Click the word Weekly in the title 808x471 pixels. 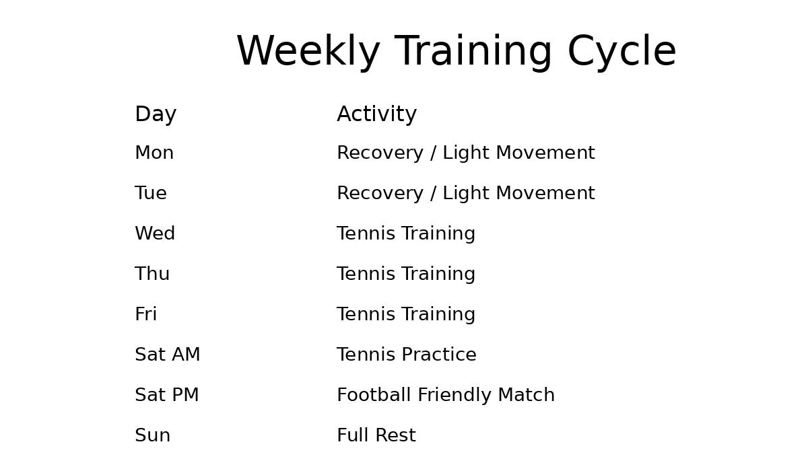click(308, 51)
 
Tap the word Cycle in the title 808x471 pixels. click(622, 51)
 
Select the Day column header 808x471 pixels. click(156, 114)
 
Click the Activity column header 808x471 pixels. click(377, 114)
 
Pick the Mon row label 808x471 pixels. click(154, 153)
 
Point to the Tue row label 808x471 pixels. click(151, 193)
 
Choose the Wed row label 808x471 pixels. click(155, 233)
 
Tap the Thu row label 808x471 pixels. click(152, 274)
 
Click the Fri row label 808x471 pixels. click(145, 314)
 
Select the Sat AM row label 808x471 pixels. click(168, 354)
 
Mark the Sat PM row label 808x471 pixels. click(167, 394)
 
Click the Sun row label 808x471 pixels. click(153, 435)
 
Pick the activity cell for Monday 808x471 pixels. click(466, 153)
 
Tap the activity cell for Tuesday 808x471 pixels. click(466, 193)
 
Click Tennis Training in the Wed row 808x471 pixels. click(406, 233)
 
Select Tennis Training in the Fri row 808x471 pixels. click(406, 314)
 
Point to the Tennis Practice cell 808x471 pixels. click(407, 354)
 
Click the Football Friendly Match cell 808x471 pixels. click(446, 395)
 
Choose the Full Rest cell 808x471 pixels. click(376, 435)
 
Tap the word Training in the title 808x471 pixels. click(473, 52)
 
